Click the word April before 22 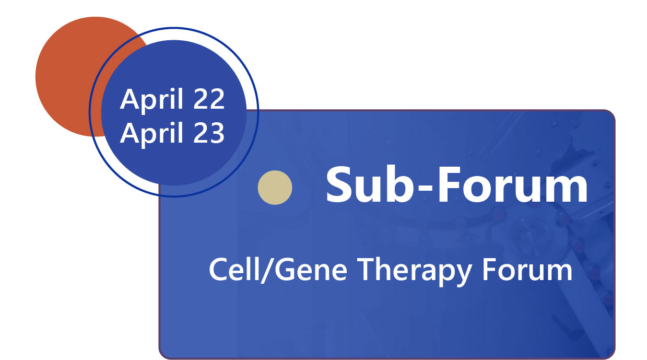click(151, 100)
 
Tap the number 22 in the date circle click(209, 99)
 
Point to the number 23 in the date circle click(209, 133)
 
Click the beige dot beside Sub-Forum click(275, 188)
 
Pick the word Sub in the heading click(369, 185)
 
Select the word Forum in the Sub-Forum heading click(513, 185)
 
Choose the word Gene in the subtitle click(311, 270)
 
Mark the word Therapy click(415, 272)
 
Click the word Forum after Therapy click(527, 270)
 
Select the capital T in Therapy click(367, 270)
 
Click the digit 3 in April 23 click(217, 133)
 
